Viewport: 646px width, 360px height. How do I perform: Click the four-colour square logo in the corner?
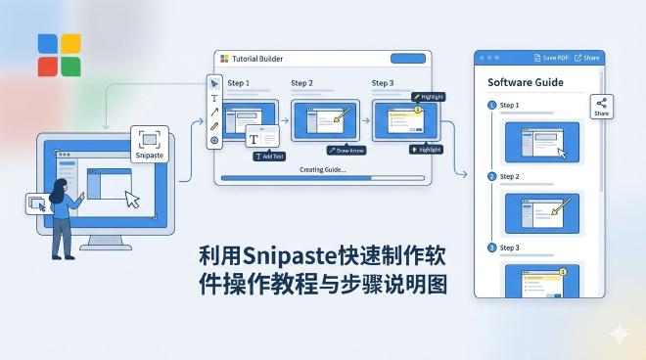pos(60,55)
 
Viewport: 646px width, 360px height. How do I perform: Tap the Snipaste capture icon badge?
pos(149,143)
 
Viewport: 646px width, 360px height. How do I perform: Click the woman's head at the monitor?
pos(60,189)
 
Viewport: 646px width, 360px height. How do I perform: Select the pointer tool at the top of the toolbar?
pos(214,83)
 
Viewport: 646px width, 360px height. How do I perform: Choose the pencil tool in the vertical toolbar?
pos(214,125)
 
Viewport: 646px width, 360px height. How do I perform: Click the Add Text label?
pos(269,156)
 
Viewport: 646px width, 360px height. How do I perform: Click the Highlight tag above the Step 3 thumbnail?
pos(431,97)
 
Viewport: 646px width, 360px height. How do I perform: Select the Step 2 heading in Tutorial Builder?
pos(301,83)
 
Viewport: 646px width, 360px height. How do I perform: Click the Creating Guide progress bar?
pos(323,179)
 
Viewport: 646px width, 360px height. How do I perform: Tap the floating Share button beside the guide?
pos(602,107)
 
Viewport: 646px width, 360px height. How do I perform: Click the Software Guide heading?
pos(525,83)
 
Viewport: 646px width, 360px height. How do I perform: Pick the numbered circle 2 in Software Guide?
pos(491,176)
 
